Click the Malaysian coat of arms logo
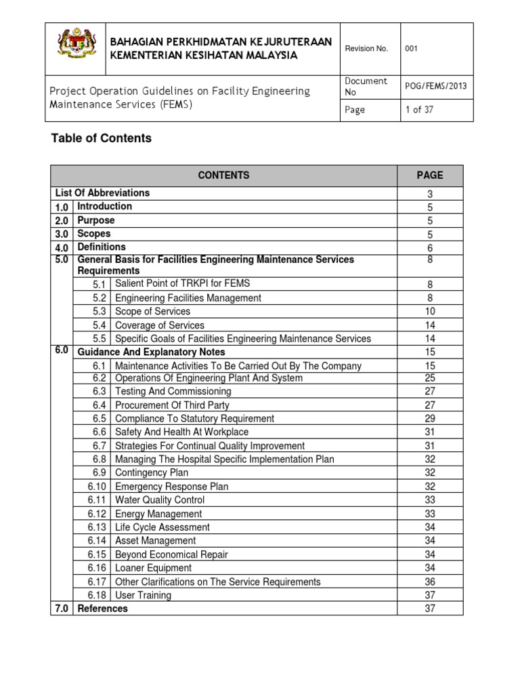[x=77, y=48]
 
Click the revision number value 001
[x=412, y=48]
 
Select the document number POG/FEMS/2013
[x=435, y=86]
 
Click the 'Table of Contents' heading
[x=102, y=138]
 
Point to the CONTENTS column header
[x=223, y=175]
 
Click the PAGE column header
[x=430, y=175]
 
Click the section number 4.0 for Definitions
[x=62, y=248]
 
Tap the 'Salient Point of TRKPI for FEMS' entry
[x=187, y=284]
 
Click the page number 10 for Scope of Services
[x=430, y=312]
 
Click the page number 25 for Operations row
[x=430, y=378]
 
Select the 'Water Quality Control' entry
[x=160, y=500]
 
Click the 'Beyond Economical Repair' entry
[x=171, y=554]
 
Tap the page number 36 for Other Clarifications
[x=430, y=581]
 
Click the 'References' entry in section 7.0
[x=103, y=609]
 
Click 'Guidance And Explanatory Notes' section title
[x=152, y=352]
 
